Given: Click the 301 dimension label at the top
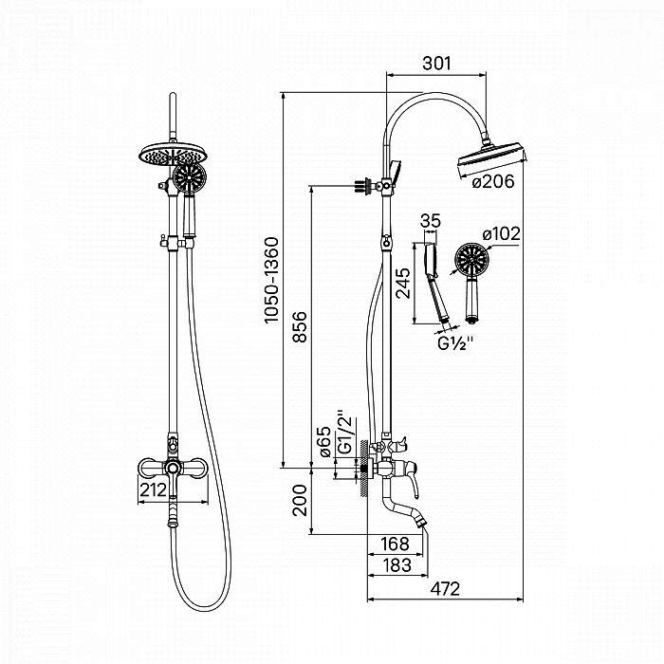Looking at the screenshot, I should (435, 64).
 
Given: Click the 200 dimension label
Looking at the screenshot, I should (301, 501).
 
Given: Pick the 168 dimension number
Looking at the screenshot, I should (393, 544).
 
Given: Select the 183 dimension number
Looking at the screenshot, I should (394, 565).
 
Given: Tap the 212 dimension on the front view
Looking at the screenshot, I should (153, 490).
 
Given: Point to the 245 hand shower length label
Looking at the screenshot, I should (405, 282).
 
